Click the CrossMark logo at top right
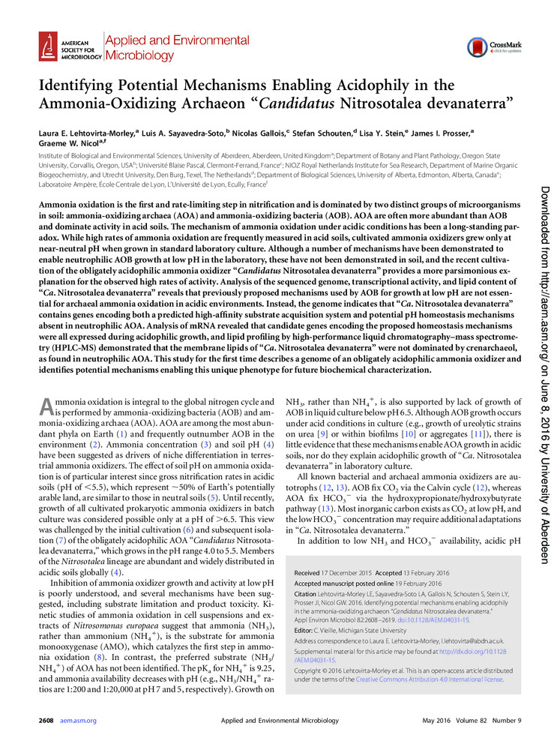click(488, 46)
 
